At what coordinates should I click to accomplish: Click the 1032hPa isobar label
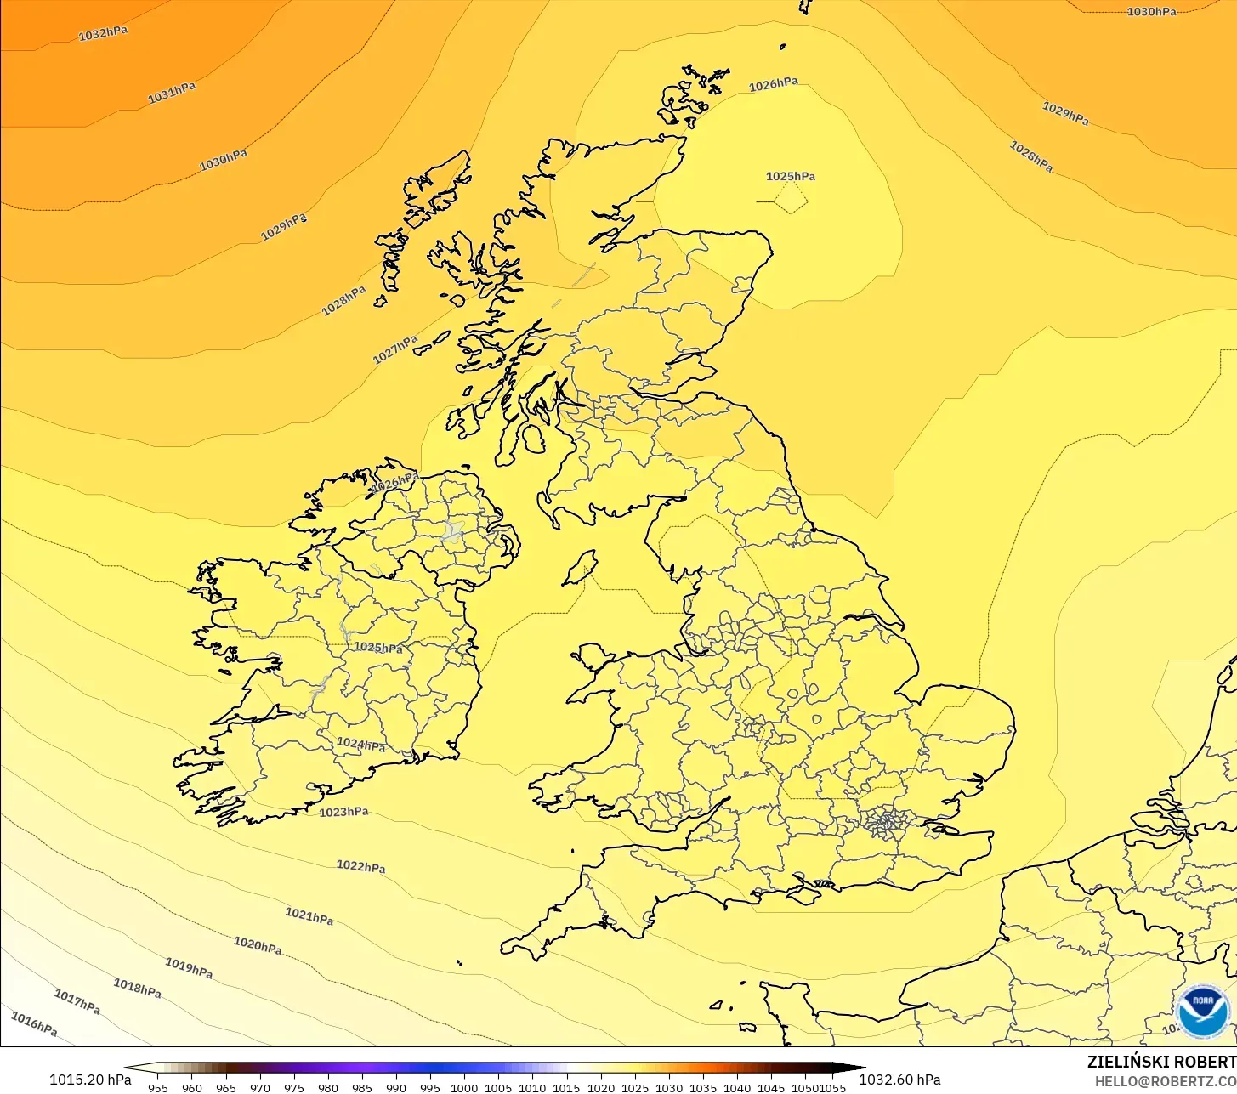[103, 34]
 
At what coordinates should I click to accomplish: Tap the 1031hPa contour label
[172, 94]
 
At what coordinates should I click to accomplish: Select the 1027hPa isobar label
[395, 349]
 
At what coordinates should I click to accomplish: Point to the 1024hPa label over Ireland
[360, 745]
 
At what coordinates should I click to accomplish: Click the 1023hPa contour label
[343, 812]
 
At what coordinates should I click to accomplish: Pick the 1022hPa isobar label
[360, 867]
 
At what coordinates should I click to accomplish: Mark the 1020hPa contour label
[258, 945]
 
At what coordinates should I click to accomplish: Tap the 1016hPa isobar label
[34, 1024]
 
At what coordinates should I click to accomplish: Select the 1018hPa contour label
[137, 988]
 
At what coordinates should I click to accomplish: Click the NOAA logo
[1202, 1011]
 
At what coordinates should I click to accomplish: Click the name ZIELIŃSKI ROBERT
[1161, 1062]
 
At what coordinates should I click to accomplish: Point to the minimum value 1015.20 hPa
[90, 1080]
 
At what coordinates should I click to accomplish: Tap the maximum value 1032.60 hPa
[899, 1080]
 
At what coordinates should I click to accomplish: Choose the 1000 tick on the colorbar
[464, 1088]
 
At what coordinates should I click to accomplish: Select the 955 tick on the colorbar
[158, 1088]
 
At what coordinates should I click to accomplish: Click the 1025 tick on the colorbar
[635, 1088]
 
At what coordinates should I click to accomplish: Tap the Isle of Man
[581, 567]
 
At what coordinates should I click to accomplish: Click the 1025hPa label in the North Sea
[791, 177]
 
